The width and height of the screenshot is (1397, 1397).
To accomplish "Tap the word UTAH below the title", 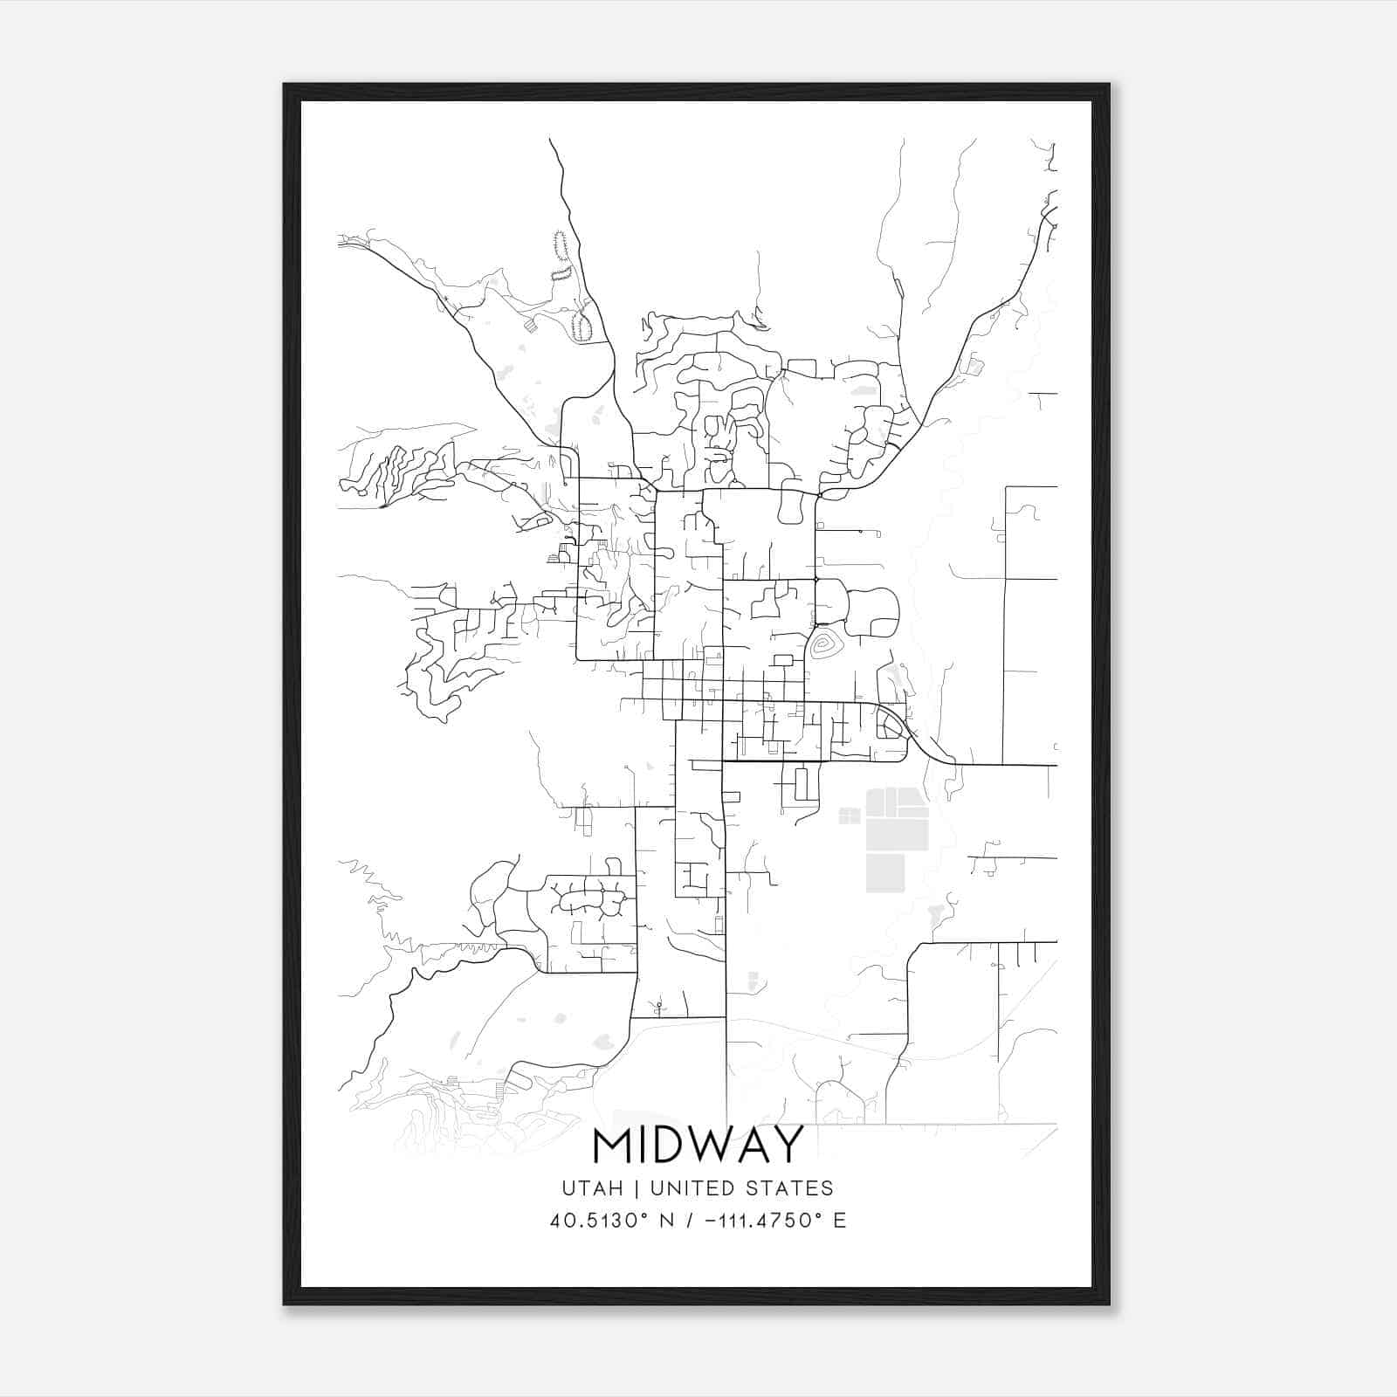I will pos(592,1188).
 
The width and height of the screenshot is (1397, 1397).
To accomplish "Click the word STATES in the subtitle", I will pos(797,1188).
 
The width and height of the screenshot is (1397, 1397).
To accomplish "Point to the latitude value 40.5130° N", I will pos(606,1221).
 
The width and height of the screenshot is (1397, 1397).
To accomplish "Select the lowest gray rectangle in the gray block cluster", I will pos(885,873).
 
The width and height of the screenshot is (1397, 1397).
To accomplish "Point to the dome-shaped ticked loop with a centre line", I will pos(582,327).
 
